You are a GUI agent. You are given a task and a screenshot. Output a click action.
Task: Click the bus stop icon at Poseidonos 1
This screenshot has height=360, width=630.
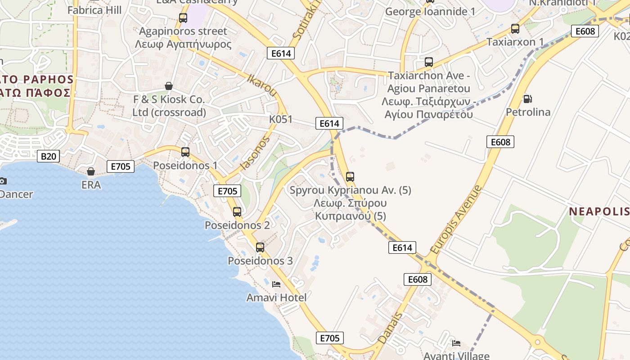point(185,152)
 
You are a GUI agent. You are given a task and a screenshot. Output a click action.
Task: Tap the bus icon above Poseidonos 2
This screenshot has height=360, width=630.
point(237,211)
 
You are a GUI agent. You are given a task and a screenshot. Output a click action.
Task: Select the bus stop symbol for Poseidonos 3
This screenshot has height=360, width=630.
point(260,247)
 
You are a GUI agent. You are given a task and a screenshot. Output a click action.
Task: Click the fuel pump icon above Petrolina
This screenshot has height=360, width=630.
point(527,99)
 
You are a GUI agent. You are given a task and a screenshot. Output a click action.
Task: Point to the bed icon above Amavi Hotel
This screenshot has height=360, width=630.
point(276,284)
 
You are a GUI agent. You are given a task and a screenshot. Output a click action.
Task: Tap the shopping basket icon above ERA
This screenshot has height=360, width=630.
point(91,171)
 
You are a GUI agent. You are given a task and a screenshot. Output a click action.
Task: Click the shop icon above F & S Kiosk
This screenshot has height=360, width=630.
point(169,86)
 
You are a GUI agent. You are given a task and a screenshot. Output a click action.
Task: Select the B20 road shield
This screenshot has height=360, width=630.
point(48,156)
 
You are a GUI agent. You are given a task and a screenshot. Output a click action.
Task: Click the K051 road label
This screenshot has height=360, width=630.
point(281,119)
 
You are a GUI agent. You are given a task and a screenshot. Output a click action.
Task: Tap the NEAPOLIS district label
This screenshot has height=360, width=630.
point(598,211)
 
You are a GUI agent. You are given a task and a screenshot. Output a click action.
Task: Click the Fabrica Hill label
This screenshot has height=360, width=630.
point(94,10)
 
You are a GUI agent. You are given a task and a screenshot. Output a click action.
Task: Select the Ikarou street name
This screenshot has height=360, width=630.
point(262,85)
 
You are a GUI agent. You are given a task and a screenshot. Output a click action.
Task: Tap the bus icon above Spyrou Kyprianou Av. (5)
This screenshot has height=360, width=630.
point(350,177)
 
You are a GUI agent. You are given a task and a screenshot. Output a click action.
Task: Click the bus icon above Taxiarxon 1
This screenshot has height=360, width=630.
point(515,29)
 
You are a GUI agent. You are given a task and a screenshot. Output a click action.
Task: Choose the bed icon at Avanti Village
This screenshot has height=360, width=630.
point(456,343)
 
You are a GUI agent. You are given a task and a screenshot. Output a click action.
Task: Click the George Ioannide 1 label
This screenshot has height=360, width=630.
point(430,12)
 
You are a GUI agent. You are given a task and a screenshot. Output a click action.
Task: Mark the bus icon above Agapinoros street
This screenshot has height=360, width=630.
point(183,18)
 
